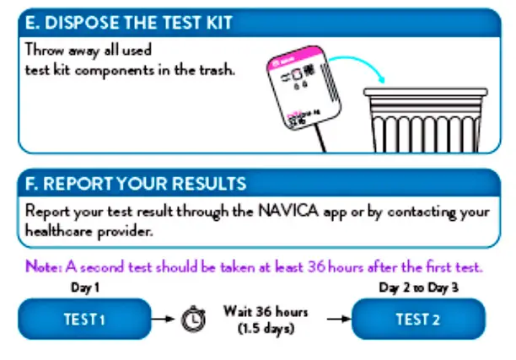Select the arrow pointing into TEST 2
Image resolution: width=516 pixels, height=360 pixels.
tap(336, 320)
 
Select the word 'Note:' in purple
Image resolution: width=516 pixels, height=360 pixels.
tap(41, 268)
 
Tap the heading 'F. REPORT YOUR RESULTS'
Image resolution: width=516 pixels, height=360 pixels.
tap(136, 183)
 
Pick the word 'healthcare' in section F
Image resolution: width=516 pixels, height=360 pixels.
tap(57, 228)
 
